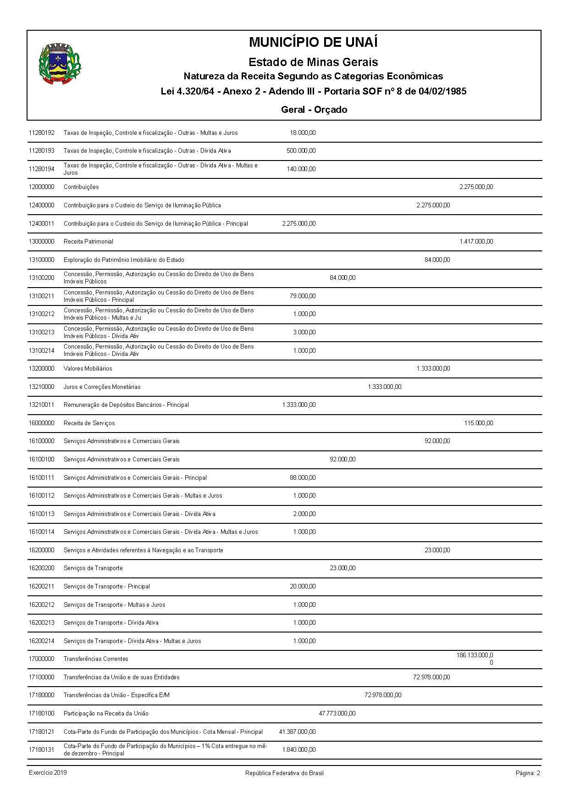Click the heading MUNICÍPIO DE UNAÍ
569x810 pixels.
(x=313, y=42)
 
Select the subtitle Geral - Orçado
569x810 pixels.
(x=314, y=110)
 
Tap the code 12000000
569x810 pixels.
(x=41, y=187)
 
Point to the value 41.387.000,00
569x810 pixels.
(x=297, y=732)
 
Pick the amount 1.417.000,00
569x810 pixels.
(x=476, y=242)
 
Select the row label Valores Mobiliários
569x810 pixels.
(x=88, y=369)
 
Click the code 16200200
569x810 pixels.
(x=41, y=568)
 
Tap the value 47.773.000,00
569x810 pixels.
(x=337, y=714)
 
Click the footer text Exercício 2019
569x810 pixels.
(x=48, y=773)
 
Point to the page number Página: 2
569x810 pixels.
(x=528, y=773)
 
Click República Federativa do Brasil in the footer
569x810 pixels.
(x=284, y=773)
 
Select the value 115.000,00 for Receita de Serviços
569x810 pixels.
(x=478, y=423)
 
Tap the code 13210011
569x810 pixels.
(x=41, y=405)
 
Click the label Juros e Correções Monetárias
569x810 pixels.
(x=102, y=387)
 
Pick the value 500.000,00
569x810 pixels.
(x=301, y=151)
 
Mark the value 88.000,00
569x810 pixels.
(x=303, y=478)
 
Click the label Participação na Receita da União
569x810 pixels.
(x=106, y=714)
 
